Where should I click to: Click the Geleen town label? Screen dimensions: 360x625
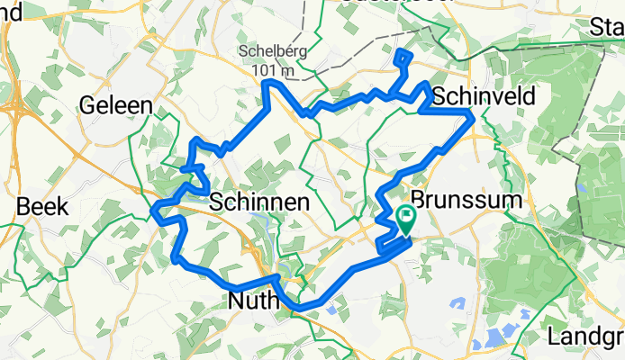116,105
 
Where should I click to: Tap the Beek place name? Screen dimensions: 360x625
42,206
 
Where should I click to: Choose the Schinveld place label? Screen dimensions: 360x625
484,96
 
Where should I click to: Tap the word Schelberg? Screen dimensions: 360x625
275,50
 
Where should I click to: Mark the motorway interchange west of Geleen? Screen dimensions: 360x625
15,108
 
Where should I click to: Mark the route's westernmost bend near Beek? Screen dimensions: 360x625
154,212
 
